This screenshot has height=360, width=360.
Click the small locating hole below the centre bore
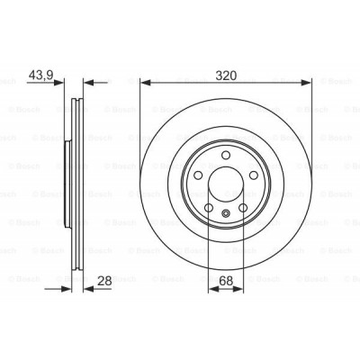pyautogui.click(x=226, y=212)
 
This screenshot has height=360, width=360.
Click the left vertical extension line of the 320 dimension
pyautogui.click(x=139, y=126)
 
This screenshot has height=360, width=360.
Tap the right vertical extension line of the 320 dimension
pyautogui.click(x=311, y=126)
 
